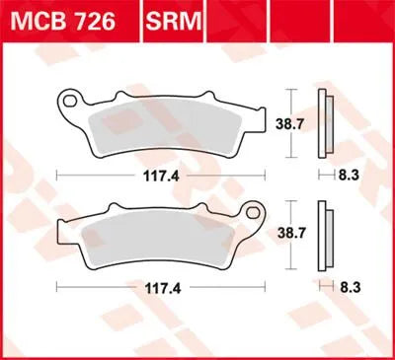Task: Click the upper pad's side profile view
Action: click(323, 122)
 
